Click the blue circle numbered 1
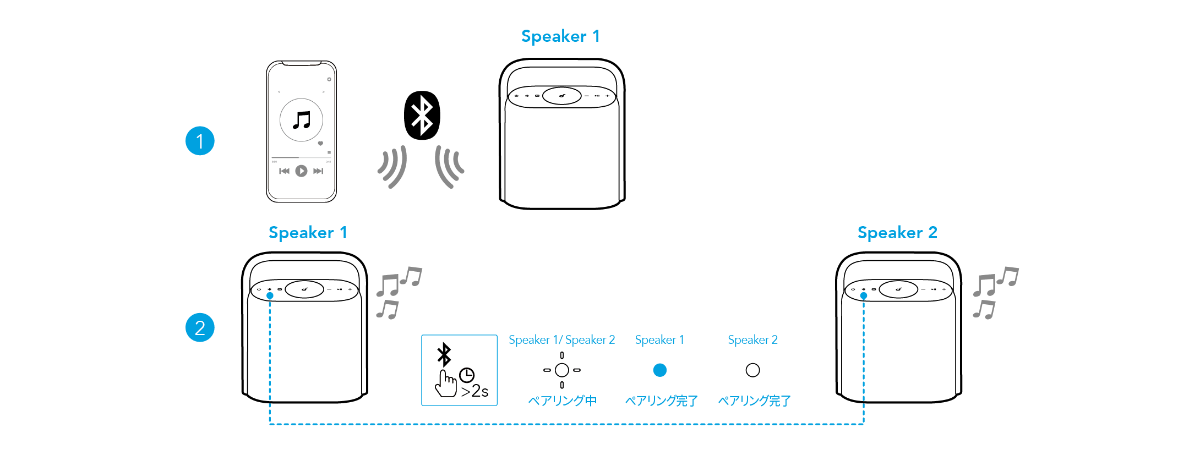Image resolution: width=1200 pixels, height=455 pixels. point(200,141)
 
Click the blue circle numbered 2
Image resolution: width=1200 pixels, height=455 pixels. point(200,328)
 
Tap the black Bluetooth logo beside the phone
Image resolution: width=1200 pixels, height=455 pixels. point(422,116)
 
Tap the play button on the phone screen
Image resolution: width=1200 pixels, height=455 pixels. point(301,171)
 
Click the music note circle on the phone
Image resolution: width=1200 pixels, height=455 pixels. point(301,120)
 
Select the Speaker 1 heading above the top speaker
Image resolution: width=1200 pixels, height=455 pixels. point(560,36)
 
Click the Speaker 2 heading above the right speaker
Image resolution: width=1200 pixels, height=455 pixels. point(897,233)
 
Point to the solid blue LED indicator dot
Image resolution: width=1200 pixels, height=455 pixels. point(659,370)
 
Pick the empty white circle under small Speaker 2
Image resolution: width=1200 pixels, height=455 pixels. point(752,370)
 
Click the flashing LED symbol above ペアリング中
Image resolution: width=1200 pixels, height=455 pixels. point(562,370)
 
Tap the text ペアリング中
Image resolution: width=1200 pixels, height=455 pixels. point(562,401)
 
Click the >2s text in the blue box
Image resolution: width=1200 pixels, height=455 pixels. point(475,391)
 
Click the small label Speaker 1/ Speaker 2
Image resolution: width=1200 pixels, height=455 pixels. point(561,340)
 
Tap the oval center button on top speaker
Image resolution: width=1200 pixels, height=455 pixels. point(562,96)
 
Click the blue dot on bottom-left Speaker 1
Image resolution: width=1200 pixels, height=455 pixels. point(270,296)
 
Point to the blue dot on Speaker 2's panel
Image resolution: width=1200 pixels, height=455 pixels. point(864,296)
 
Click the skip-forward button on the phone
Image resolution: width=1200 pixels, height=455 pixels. point(318,171)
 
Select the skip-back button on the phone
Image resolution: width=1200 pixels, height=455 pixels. point(284,171)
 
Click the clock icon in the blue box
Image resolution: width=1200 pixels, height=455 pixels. point(467,375)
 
